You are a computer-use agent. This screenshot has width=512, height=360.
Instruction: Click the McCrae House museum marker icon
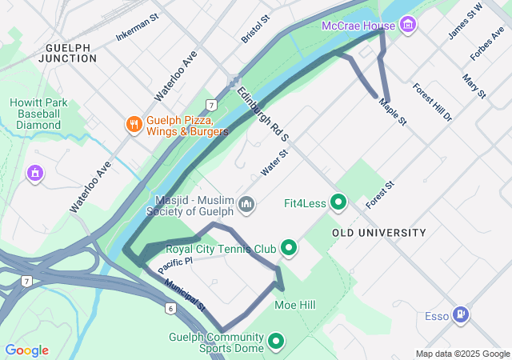[x=409, y=26]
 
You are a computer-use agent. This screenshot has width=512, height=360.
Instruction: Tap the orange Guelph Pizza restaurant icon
[x=133, y=124]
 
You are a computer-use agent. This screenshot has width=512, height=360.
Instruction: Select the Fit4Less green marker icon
[x=338, y=203]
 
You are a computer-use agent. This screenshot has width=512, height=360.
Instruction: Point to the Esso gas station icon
[x=462, y=315]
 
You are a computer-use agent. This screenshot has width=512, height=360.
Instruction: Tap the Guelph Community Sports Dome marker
[x=277, y=342]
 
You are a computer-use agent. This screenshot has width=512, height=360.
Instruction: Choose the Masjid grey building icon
[x=246, y=205]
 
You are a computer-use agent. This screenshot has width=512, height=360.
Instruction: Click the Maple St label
[x=393, y=111]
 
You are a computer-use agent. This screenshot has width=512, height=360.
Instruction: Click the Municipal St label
[x=186, y=295]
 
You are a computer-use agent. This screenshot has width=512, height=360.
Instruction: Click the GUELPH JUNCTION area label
[x=73, y=53]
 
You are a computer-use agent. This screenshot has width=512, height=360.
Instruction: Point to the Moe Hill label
[x=295, y=305]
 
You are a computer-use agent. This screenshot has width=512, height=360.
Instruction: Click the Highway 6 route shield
[x=170, y=308]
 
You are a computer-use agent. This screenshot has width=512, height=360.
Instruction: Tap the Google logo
[x=26, y=350]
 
